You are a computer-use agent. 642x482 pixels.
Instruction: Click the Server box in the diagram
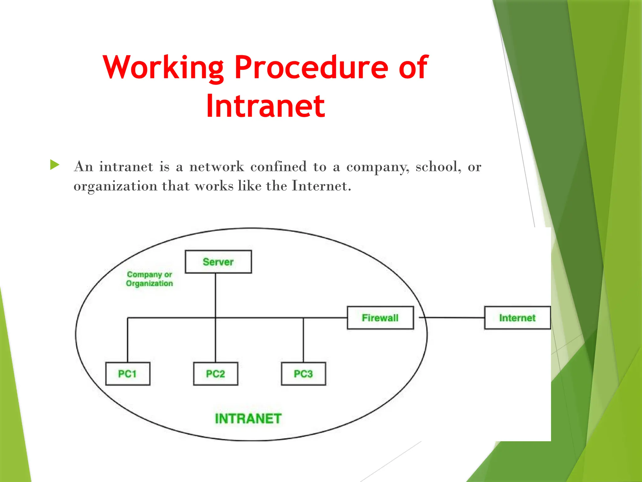click(x=218, y=262)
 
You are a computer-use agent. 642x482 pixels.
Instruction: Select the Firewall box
click(x=380, y=318)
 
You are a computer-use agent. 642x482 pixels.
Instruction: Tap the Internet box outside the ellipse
click(x=517, y=318)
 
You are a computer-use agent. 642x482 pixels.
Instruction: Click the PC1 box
click(x=128, y=373)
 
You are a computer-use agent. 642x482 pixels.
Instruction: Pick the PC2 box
click(x=215, y=373)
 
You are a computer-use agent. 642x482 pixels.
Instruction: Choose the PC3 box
click(x=303, y=373)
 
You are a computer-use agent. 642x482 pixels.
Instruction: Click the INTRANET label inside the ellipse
click(x=248, y=418)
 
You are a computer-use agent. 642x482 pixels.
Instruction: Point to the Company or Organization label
click(x=150, y=279)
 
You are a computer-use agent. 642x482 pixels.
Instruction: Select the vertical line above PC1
click(x=128, y=340)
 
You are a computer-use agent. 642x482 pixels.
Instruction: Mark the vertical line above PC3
click(x=303, y=340)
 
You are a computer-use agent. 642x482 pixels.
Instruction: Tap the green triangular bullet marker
click(x=55, y=165)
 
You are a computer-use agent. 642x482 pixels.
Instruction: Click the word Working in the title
click(x=163, y=67)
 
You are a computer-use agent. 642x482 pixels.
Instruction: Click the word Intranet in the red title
click(x=266, y=106)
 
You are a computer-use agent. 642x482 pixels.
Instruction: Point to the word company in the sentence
click(x=377, y=167)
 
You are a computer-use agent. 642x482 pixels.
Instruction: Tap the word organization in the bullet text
click(x=115, y=186)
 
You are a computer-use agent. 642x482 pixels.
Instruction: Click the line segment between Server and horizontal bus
click(x=215, y=295)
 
